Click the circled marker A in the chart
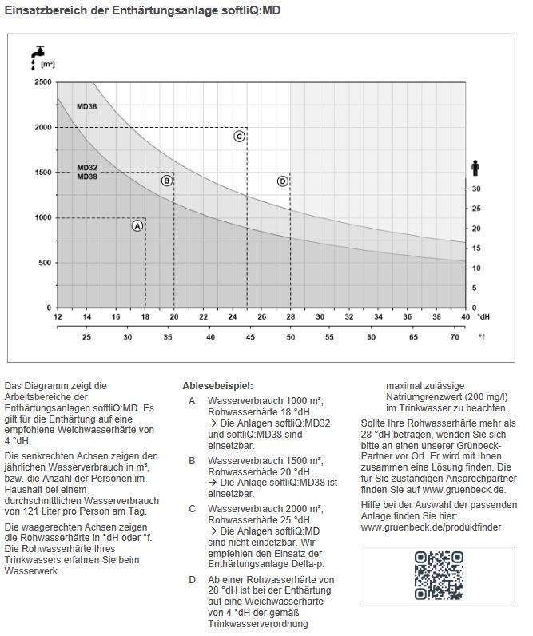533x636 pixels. click(137, 225)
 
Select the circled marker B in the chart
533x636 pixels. click(166, 181)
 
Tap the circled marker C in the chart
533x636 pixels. click(239, 137)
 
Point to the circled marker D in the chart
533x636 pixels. click(282, 181)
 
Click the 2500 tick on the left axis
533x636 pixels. click(42, 82)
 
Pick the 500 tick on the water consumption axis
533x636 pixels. click(45, 263)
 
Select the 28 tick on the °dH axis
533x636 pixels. click(290, 317)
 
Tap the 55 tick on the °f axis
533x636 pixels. click(330, 337)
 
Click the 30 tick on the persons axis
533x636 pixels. click(475, 189)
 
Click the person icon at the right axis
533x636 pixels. click(475, 167)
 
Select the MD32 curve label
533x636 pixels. click(87, 168)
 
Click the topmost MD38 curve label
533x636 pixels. click(87, 106)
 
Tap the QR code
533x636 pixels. click(439, 575)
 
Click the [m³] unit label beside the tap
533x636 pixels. click(47, 64)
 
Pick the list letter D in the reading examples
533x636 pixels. click(192, 579)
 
